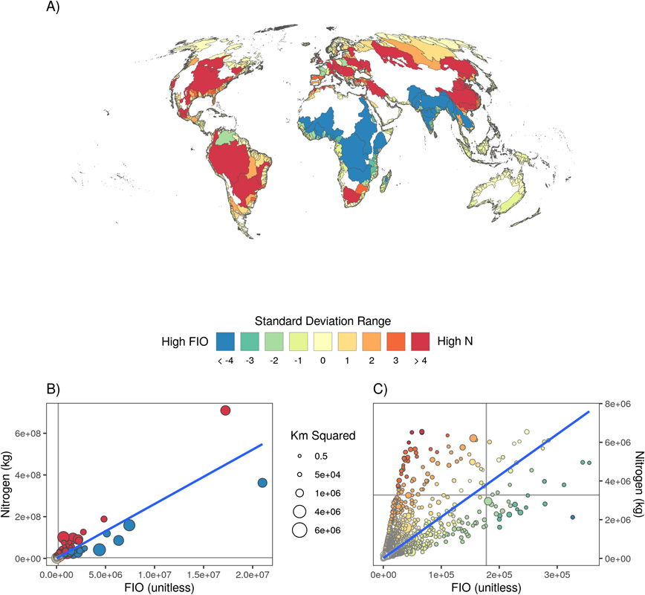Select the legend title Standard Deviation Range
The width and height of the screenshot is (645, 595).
coord(322,321)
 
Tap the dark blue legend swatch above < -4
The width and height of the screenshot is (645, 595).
coord(226,341)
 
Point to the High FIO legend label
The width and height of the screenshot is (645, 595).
coord(185,342)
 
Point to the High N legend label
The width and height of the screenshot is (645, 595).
coord(456,342)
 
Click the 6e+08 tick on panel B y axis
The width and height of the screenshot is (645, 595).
coord(34,433)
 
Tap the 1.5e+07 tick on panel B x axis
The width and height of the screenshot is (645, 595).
coord(204,574)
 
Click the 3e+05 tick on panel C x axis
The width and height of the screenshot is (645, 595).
coord(556,574)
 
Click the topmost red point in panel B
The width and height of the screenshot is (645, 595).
coord(225,410)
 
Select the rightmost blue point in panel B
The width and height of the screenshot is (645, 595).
coord(262,483)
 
